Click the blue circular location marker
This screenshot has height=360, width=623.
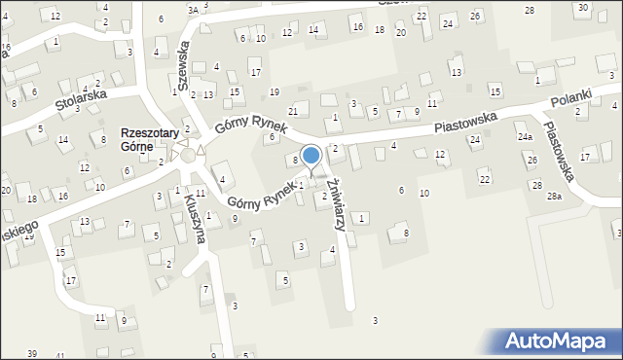coord(311,155)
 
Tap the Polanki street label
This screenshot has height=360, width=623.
coord(570,101)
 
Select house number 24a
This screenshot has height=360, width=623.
coord(524,137)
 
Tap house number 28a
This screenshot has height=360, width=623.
coord(554,197)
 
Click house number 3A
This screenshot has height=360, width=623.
coord(193,9)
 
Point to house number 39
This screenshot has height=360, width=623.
coord(32,352)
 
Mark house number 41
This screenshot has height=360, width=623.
coord(61,356)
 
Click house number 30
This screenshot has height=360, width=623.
coord(581,8)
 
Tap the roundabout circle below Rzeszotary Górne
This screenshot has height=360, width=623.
coord(187,155)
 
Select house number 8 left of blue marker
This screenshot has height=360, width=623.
coord(295,160)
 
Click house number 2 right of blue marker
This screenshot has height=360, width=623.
coord(335,149)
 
